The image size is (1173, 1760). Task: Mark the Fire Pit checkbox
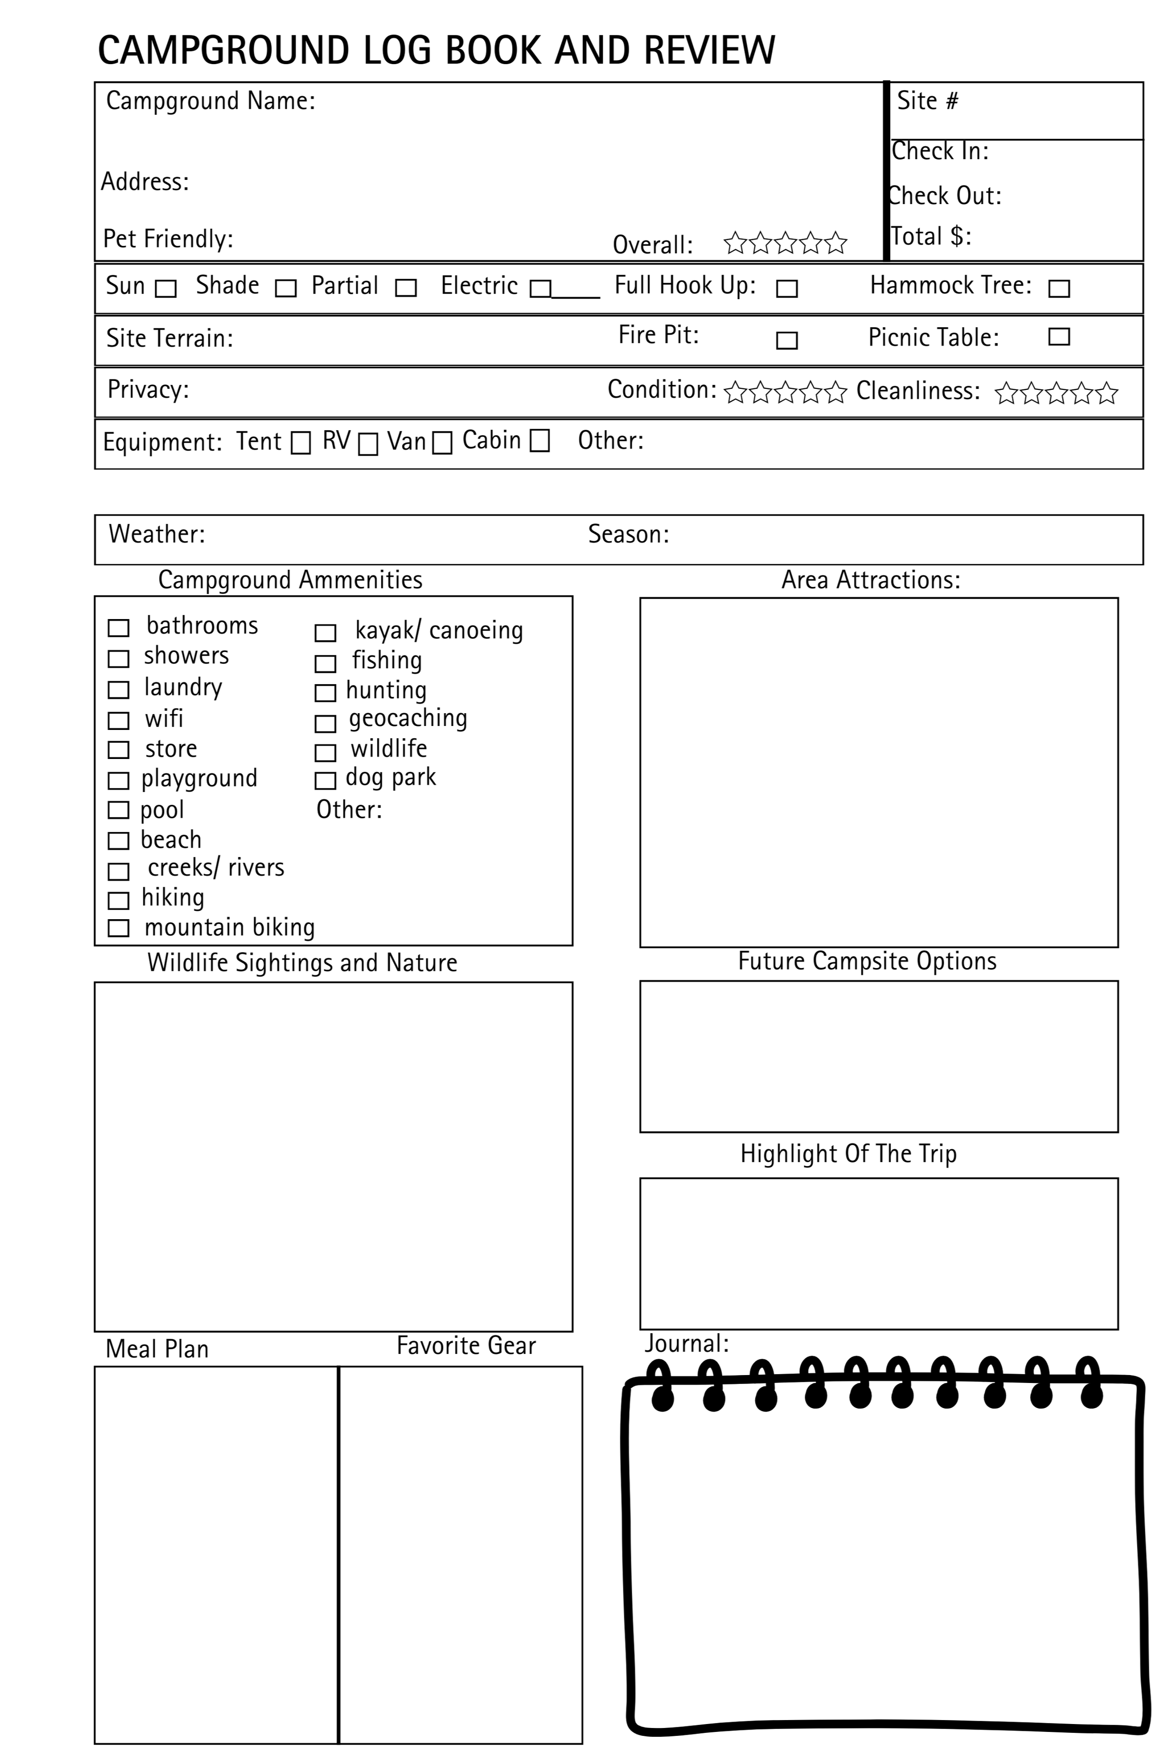coord(786,341)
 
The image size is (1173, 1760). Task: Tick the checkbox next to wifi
coord(118,720)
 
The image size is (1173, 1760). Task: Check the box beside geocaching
coord(325,724)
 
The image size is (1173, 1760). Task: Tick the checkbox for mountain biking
coord(118,928)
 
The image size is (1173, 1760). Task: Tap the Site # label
coord(927,101)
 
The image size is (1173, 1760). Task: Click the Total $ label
coord(931,237)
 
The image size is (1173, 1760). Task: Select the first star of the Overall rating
coord(735,242)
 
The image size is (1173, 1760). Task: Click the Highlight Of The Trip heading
coord(848,1153)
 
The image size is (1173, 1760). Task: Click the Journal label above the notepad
coord(686,1344)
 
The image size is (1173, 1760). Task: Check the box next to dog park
coord(325,781)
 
